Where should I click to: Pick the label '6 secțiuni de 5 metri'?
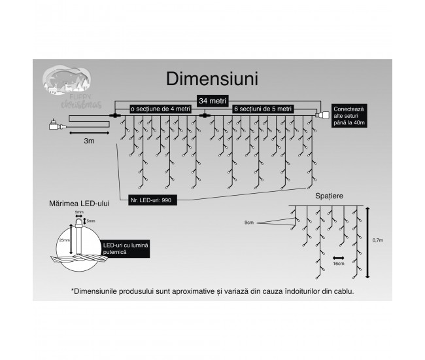coord(263,109)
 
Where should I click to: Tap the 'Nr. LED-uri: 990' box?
coord(149,198)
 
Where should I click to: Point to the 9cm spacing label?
coord(250,223)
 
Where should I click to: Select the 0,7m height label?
coord(378,240)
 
